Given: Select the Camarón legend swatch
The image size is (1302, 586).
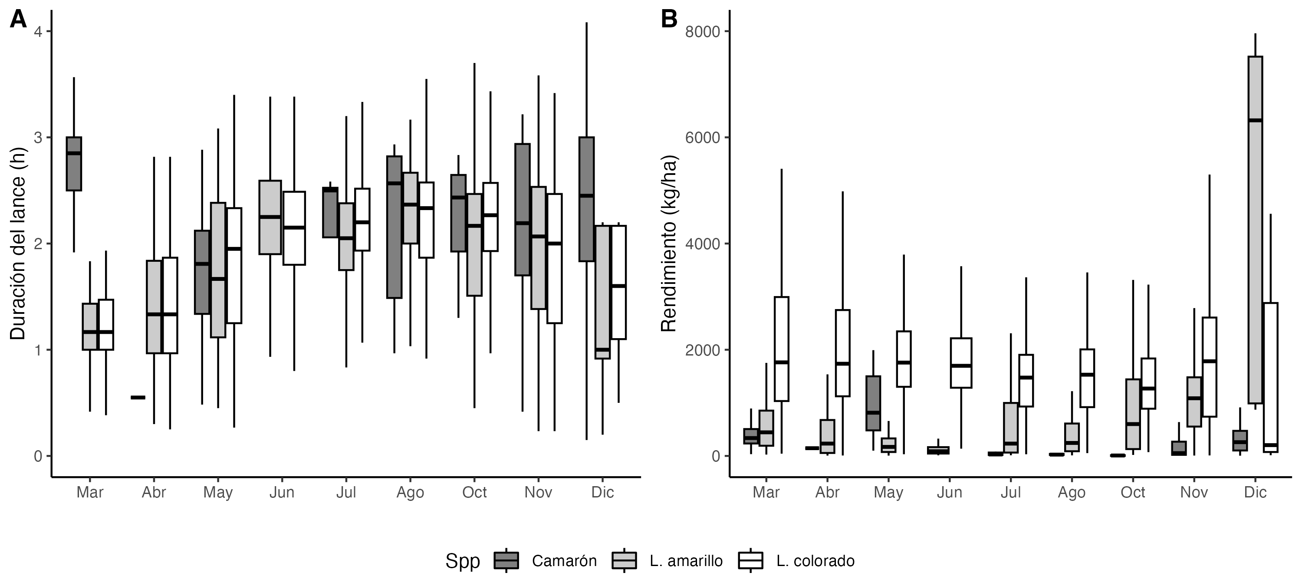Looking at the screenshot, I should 506,560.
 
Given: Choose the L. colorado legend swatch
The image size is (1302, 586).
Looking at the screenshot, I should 750,560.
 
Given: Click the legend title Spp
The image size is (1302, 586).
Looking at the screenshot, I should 462,561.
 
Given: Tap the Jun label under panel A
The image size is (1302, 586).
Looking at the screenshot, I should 282,492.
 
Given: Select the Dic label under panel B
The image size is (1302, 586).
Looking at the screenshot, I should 1255,492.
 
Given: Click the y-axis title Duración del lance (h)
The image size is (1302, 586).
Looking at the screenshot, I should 18,243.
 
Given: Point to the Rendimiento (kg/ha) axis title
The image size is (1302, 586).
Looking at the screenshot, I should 669,243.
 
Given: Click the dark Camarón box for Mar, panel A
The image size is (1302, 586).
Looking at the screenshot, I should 74,163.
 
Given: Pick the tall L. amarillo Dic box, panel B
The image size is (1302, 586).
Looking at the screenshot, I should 1255,230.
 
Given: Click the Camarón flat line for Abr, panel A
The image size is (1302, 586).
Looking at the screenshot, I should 138,398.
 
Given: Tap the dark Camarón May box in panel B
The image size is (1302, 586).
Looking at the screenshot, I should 873,403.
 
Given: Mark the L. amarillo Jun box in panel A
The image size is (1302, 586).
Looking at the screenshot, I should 270,217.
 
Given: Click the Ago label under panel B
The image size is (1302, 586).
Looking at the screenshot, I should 1072,492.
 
